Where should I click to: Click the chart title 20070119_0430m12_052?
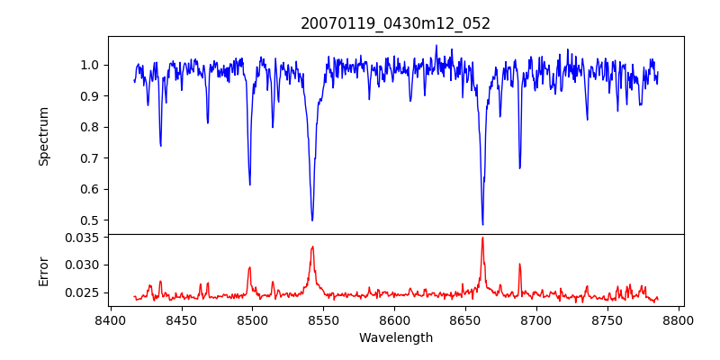tap(395, 23)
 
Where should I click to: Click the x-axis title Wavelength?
tap(395, 338)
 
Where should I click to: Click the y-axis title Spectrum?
tap(44, 136)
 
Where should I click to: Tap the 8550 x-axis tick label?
tap(323, 320)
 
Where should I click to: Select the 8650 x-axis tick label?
tap(465, 320)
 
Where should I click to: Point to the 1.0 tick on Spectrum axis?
tap(91, 65)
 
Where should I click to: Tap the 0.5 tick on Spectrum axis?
tap(91, 220)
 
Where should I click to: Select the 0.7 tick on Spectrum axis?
tap(91, 158)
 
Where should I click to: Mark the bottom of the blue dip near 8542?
tap(312, 220)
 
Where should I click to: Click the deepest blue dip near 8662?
tap(482, 224)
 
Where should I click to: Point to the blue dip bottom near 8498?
tap(250, 184)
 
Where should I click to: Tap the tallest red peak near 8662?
tap(482, 238)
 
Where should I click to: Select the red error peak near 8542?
tap(312, 247)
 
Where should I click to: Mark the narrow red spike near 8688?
tap(519, 264)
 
